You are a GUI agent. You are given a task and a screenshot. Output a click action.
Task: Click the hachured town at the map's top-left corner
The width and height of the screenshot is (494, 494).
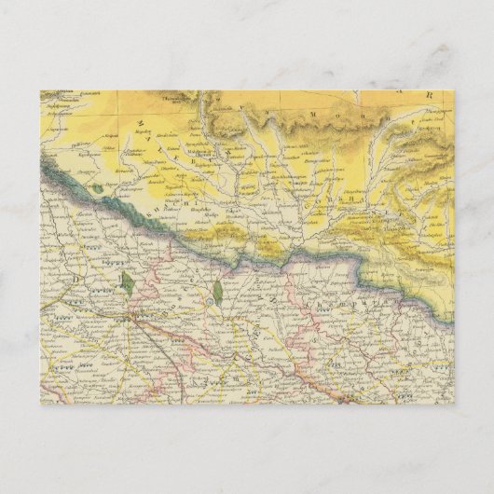(x=54, y=93)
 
